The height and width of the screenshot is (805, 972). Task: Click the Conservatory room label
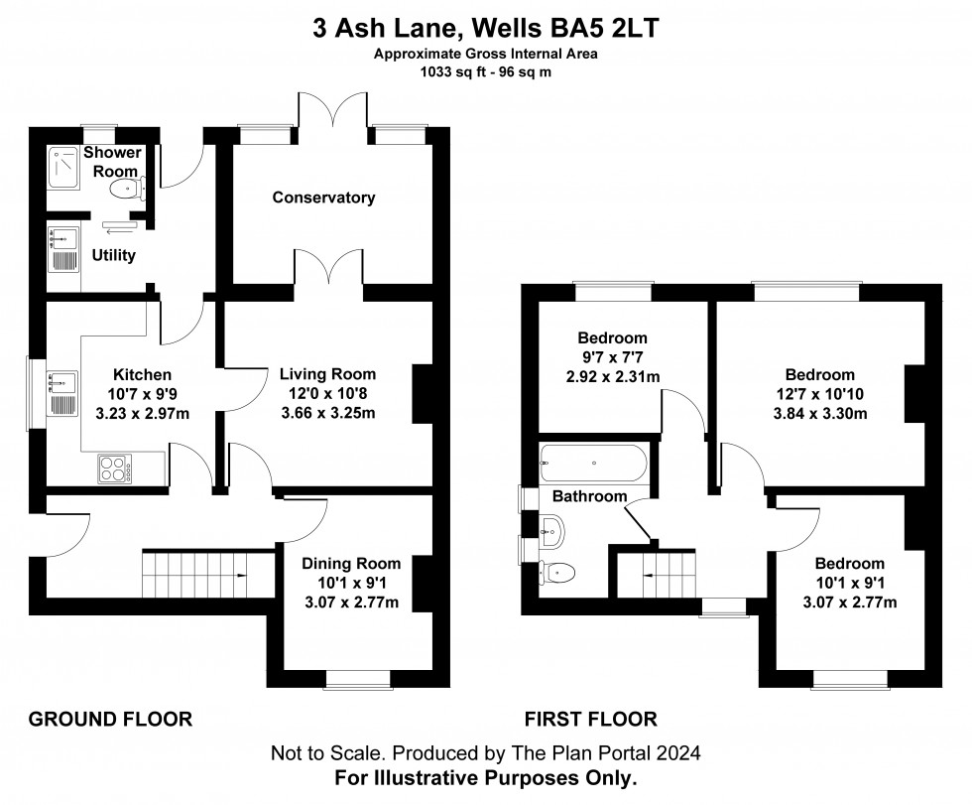[324, 198]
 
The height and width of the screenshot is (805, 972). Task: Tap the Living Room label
[327, 374]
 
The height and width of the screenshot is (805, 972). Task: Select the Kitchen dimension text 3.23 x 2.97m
[142, 414]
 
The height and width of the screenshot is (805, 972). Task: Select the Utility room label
[114, 255]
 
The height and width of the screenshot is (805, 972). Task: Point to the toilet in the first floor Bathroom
[557, 572]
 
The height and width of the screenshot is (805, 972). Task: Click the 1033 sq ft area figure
[451, 71]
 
